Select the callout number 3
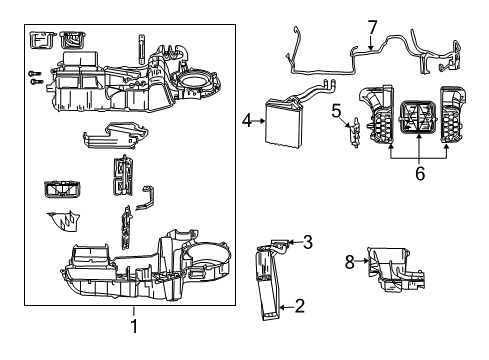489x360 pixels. pos(308,241)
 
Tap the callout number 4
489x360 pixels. pos(245,122)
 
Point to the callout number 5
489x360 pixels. pos(337,109)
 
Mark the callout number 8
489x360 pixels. pos(350,262)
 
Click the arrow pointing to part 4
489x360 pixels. pos(256,122)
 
